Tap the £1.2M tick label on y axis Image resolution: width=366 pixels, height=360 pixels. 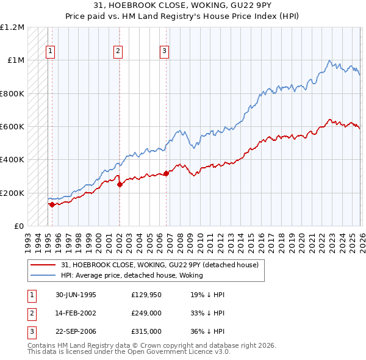[x=13, y=27]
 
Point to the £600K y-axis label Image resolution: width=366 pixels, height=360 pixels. [x=12, y=127]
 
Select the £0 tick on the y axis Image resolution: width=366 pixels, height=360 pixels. [x=18, y=226]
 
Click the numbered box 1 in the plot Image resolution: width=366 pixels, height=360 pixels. [x=49, y=52]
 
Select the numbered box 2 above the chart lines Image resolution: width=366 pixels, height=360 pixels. [x=118, y=52]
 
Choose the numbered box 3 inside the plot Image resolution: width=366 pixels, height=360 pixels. [x=165, y=52]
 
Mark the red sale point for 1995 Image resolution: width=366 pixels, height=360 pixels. [x=52, y=205]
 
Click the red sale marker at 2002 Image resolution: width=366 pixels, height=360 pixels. [x=120, y=185]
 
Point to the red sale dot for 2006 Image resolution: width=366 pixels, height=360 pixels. [x=166, y=174]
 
